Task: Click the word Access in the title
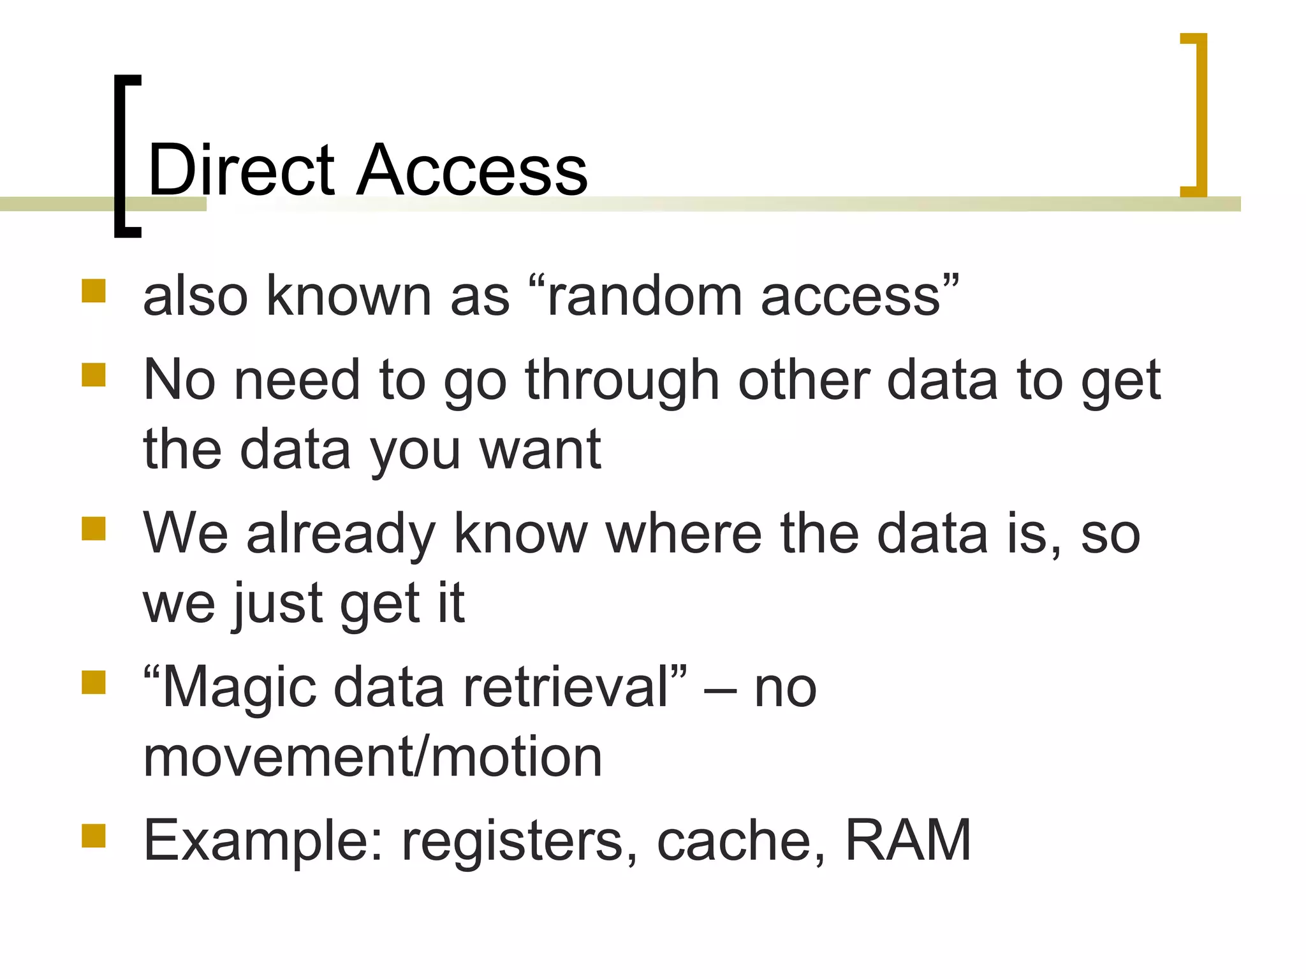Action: tap(472, 170)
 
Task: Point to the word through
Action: tap(622, 381)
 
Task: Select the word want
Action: tap(540, 450)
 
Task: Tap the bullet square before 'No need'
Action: tap(94, 375)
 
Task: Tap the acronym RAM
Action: tap(907, 840)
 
